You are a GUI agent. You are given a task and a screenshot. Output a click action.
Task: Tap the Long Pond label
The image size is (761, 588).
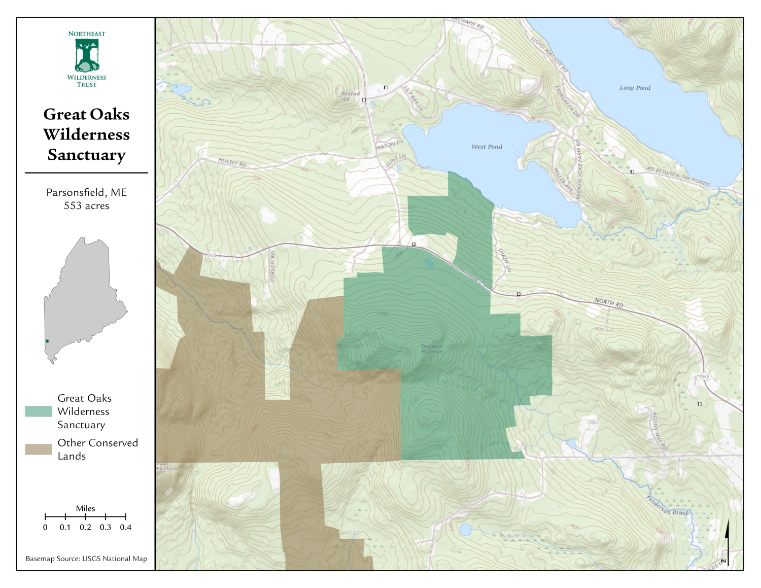point(635,88)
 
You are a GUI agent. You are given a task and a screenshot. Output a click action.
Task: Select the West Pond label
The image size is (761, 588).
point(487,147)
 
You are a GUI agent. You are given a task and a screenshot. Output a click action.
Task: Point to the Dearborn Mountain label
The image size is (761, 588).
point(432,349)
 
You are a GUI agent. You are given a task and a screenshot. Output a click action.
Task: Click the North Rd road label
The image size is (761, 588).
point(609,303)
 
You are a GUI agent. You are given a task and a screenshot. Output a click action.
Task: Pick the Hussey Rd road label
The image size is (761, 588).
point(232,162)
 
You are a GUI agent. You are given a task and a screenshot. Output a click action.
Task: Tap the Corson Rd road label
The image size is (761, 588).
point(272,266)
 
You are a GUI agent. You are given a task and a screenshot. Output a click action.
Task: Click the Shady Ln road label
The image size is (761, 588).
point(504,260)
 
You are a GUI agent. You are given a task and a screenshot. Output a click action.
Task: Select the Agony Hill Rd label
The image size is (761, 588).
point(659,431)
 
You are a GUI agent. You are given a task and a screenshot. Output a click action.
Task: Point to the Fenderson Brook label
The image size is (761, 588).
point(668,506)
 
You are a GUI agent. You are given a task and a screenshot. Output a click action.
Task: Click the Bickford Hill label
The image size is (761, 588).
point(350,96)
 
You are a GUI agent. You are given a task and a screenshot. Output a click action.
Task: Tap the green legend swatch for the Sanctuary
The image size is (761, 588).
point(39,411)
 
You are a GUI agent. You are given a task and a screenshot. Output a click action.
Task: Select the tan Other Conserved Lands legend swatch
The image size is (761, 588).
point(39,449)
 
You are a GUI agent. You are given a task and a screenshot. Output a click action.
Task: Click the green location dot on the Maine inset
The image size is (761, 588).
point(47,341)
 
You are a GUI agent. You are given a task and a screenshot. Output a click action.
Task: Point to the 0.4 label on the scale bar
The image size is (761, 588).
point(126,528)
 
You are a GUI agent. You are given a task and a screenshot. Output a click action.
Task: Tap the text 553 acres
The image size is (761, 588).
point(87,206)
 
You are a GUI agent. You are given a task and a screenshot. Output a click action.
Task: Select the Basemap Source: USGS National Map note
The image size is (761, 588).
point(87,559)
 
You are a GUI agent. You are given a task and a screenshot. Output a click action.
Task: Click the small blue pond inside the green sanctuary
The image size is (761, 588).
point(429,263)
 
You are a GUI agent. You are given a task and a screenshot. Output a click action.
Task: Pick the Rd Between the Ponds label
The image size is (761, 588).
point(678,176)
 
